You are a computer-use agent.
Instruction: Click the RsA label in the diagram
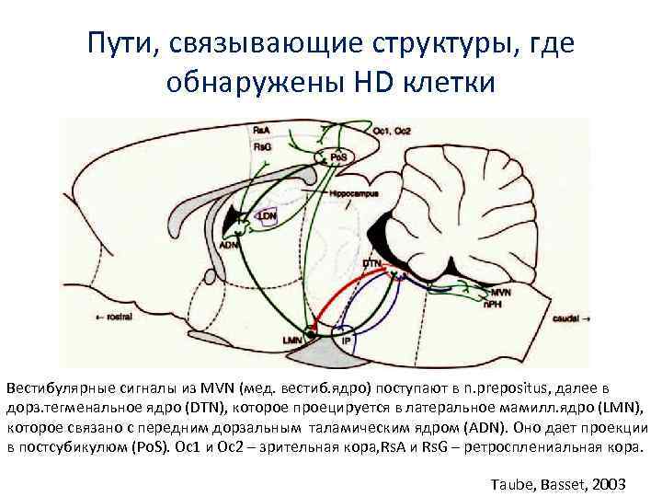tap(261, 130)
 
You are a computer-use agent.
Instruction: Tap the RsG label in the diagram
tap(261, 146)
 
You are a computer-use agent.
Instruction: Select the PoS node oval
tap(338, 157)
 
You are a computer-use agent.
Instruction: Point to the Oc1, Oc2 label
tap(391, 131)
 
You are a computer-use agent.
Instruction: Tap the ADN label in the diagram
tap(230, 246)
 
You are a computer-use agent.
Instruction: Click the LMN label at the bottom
tap(292, 341)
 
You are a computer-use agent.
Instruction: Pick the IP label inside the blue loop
tap(346, 341)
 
